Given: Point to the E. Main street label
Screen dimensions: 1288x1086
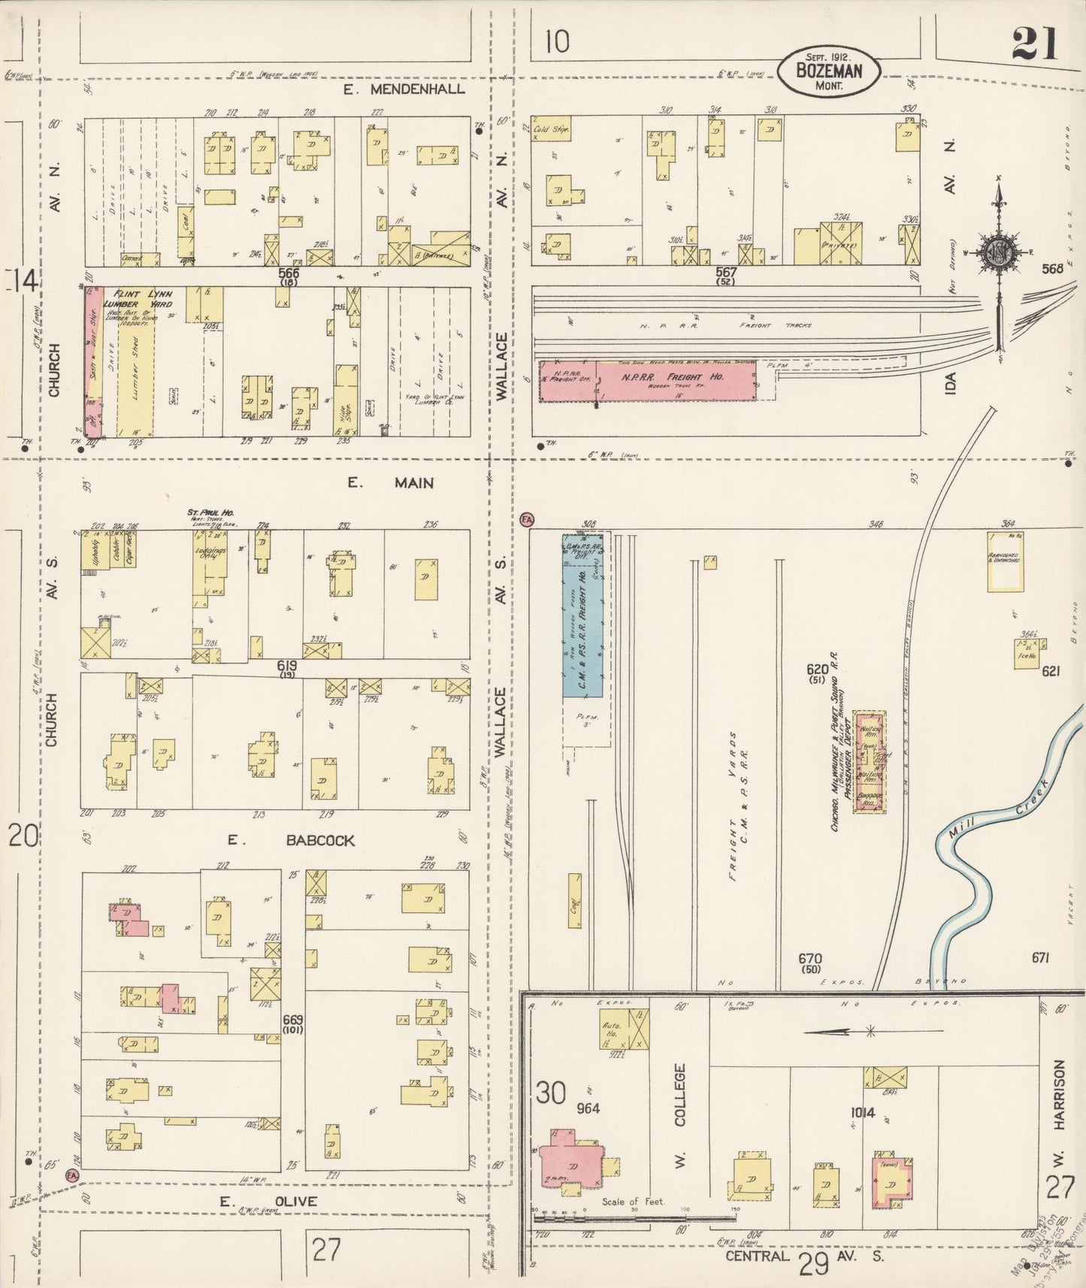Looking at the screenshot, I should click(390, 482).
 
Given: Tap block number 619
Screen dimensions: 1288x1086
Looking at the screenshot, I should click(287, 666).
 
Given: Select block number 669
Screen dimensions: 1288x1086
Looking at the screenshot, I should click(292, 1020).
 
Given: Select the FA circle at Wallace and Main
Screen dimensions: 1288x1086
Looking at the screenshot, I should click(526, 518).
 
